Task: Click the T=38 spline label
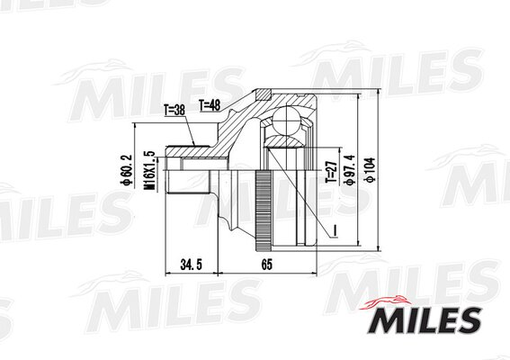tap(174, 111)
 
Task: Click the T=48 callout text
tap(210, 105)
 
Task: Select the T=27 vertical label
tap(331, 172)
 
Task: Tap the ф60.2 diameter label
tap(126, 170)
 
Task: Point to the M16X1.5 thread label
tap(150, 171)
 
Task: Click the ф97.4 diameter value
tap(351, 170)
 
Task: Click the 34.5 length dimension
tap(192, 265)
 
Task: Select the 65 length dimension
tap(266, 265)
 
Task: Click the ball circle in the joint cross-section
tap(285, 120)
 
